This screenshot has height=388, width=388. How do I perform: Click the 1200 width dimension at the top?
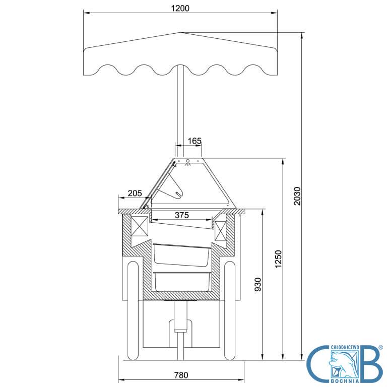[x=180, y=9]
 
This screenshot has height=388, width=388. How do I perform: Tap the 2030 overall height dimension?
[x=297, y=196]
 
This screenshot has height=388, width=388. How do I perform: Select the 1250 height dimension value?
[x=278, y=259]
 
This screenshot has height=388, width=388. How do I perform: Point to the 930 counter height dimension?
[x=258, y=284]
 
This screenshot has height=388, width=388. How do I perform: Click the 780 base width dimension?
[x=181, y=375]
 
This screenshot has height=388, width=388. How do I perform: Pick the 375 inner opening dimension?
[x=182, y=215]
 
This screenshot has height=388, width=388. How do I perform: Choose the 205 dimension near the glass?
[x=135, y=193]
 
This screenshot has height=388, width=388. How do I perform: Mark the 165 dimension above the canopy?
[x=195, y=141]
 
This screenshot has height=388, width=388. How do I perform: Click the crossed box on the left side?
[x=139, y=226]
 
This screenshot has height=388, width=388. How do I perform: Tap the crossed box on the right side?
[x=221, y=231]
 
